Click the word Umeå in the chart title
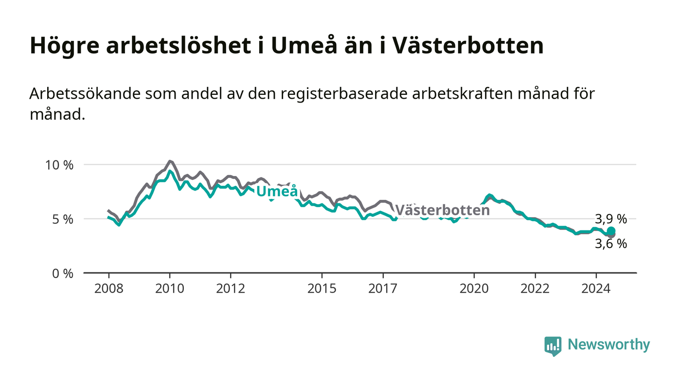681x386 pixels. pos(304,45)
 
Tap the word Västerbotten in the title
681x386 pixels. pos(467,45)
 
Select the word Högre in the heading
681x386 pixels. pos(64,46)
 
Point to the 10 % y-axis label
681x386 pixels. pos(59,165)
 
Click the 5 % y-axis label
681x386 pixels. pos(63,219)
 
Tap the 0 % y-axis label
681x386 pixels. pos(63,274)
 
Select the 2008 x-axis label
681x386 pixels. pos(109,288)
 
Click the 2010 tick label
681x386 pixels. pos(170,288)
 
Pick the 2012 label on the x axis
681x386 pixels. pos(231,288)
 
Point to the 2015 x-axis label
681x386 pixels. pos(322,288)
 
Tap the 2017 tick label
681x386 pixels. pos(383,288)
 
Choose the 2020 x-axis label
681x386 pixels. pos(474,288)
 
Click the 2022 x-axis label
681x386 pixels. pos(535,288)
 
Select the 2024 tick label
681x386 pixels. pos(596,288)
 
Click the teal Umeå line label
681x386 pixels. pos(277,191)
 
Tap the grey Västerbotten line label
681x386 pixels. pos(442,210)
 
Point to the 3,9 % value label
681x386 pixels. pos(611,219)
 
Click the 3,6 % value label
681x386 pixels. pos(611,244)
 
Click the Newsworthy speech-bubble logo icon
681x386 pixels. pos(553,346)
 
